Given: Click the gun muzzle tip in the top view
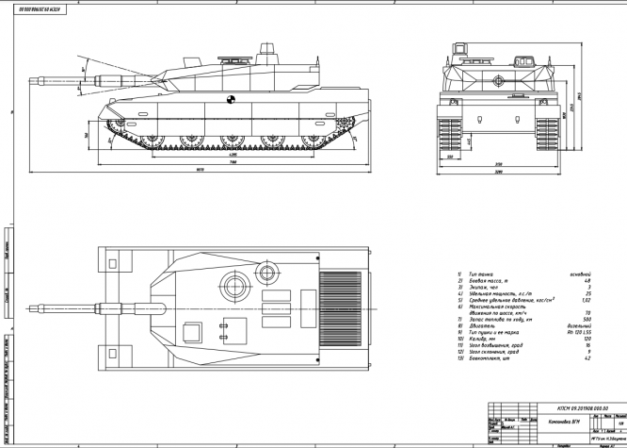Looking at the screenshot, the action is tap(36, 307).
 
